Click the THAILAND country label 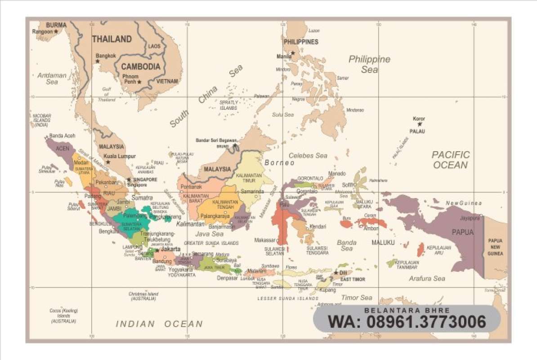pos(112,39)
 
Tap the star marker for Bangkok pos(97,61)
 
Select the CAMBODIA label pos(140,67)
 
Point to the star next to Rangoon pos(56,31)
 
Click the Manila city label pos(283,57)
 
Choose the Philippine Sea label pos(369,64)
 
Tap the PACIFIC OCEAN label pos(451,160)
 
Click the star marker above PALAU pos(419,124)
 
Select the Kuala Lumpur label pos(120,156)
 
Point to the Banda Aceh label pos(63,136)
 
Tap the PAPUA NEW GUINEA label pos(495,247)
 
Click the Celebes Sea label pos(308,156)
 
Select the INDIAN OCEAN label pos(159,324)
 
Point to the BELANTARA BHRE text pos(407,310)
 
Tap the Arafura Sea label pos(427,279)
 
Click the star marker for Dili pos(336,273)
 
